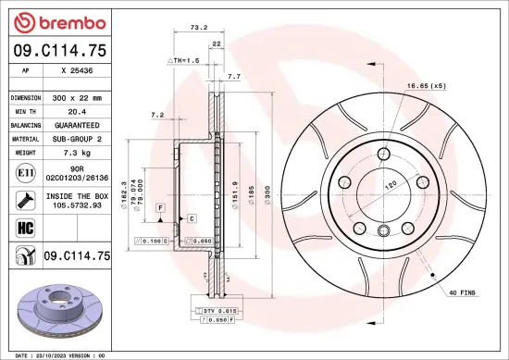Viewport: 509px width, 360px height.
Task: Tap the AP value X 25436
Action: coord(76,70)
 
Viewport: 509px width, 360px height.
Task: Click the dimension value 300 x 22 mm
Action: coord(76,97)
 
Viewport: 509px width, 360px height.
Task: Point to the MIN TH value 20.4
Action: coord(76,111)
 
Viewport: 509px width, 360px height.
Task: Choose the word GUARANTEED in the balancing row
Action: coord(76,124)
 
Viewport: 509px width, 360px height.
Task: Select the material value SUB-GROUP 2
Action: coord(76,138)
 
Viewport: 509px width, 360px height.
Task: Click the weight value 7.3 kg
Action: coord(76,151)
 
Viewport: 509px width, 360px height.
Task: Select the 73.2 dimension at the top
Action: coord(197,29)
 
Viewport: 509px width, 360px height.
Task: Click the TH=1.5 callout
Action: coord(183,60)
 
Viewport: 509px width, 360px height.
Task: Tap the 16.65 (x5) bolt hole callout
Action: coord(426,85)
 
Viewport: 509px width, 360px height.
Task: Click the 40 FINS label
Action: coord(462,293)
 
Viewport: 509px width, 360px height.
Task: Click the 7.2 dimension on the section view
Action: coord(156,116)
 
